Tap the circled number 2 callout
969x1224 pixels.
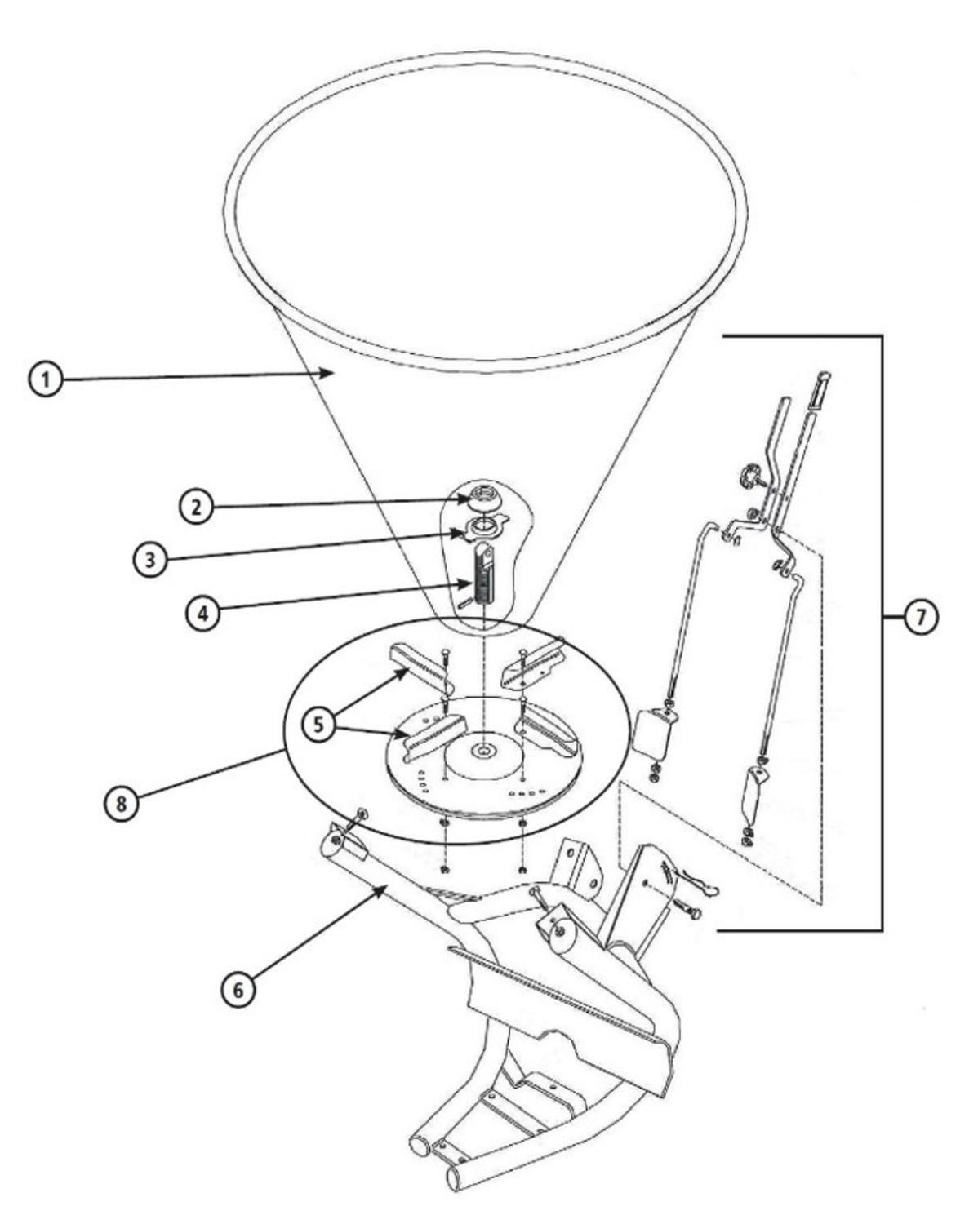pos(196,507)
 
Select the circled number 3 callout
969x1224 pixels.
pos(149,560)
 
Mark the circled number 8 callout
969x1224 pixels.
pos(121,804)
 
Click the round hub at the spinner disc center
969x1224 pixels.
pos(483,754)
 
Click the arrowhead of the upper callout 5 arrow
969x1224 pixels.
pos(407,673)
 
